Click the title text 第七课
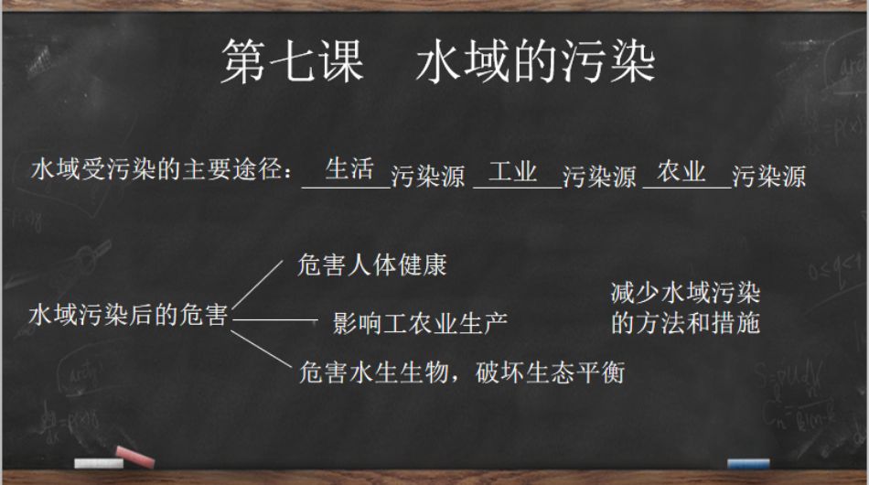(293, 61)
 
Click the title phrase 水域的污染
(535, 61)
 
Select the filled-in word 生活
(349, 169)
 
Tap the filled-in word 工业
(512, 171)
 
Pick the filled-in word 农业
(681, 171)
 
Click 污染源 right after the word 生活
(428, 177)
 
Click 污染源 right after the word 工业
(599, 177)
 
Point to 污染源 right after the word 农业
(768, 177)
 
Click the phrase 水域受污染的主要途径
(156, 169)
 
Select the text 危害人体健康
(372, 265)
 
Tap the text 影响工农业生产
(420, 324)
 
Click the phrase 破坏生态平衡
(551, 372)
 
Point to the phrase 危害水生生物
(373, 372)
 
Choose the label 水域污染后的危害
(128, 315)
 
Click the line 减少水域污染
(685, 293)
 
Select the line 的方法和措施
(685, 323)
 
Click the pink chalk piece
(134, 456)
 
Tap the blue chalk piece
(748, 463)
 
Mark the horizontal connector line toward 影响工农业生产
(275, 319)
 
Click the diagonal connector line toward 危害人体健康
(257, 285)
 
